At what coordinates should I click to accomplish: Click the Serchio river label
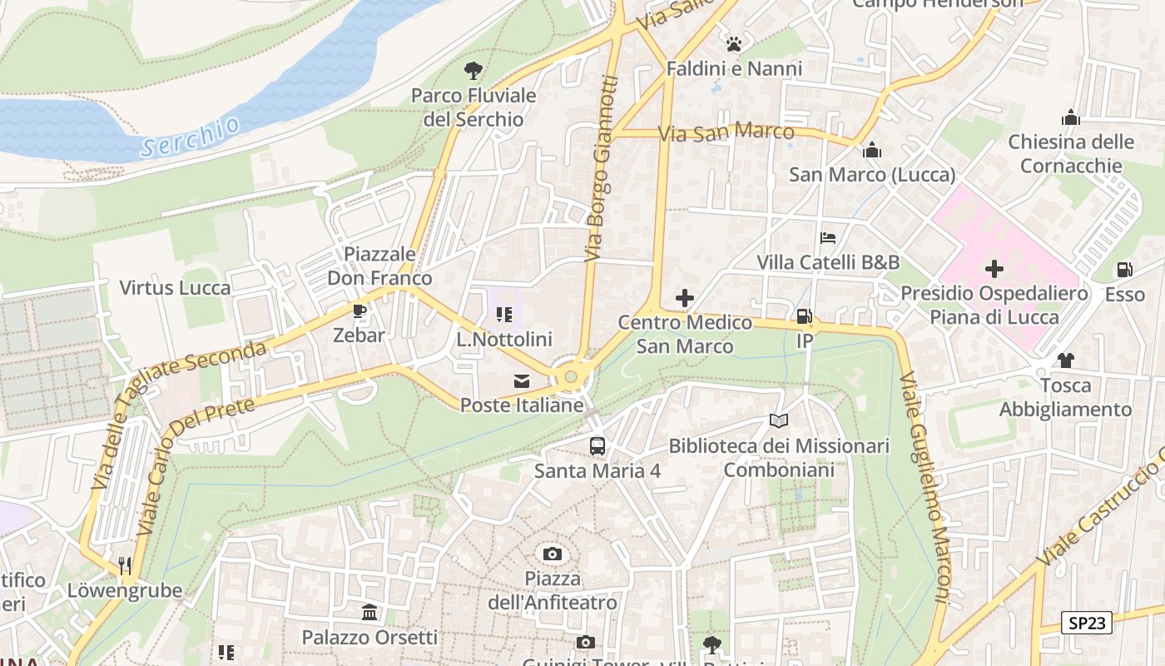pos(190,137)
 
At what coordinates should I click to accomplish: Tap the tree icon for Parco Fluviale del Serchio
pos(473,71)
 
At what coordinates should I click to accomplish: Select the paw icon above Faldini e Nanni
pos(734,43)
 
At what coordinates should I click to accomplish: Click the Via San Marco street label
pos(726,132)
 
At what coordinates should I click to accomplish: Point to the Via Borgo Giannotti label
pos(602,169)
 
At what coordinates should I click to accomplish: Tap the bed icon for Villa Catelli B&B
pos(828,238)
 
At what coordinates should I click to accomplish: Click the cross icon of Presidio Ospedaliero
pos(994,269)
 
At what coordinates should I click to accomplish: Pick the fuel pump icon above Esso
pos(1124,270)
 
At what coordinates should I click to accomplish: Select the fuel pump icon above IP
pos(805,316)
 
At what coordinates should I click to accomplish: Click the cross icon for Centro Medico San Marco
pos(685,297)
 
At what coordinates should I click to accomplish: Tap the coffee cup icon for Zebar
pos(359,311)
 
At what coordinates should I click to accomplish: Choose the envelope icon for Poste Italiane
pos(522,381)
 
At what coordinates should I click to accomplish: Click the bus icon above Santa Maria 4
pos(597,445)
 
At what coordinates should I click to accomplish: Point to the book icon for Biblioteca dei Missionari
pos(778,421)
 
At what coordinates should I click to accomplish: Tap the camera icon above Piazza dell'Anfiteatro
pos(552,554)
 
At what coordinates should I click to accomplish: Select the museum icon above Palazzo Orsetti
pos(369,614)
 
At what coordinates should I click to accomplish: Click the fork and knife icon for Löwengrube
pos(125,566)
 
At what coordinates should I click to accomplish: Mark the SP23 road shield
pos(1087,623)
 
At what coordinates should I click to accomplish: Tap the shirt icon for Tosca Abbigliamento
pos(1065,360)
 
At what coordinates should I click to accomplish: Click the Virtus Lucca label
pos(175,288)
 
